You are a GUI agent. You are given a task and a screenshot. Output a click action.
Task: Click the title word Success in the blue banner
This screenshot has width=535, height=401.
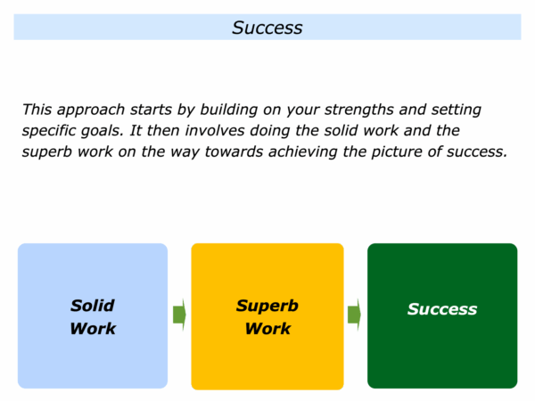click(x=267, y=28)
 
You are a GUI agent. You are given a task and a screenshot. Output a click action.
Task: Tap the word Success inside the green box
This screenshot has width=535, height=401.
click(x=442, y=309)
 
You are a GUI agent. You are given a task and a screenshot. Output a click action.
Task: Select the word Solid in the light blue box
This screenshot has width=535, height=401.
click(x=93, y=306)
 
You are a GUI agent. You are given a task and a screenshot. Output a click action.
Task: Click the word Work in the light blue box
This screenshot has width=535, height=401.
click(x=93, y=329)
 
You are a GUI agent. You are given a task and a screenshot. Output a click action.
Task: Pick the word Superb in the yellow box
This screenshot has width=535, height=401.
click(x=267, y=307)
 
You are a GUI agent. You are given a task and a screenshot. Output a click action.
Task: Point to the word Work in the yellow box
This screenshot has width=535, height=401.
click(x=267, y=329)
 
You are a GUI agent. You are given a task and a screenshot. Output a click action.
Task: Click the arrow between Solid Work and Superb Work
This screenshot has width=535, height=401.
click(x=179, y=315)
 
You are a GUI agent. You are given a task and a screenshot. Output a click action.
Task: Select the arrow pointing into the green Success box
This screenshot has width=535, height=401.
click(x=354, y=315)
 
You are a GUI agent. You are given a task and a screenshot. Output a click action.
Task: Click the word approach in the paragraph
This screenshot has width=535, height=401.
click(x=91, y=110)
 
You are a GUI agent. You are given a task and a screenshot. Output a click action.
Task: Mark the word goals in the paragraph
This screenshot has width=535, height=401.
click(x=102, y=131)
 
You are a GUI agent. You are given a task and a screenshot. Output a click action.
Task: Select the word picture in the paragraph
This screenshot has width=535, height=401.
click(x=397, y=152)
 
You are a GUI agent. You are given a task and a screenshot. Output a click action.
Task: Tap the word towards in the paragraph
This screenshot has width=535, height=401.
click(x=234, y=152)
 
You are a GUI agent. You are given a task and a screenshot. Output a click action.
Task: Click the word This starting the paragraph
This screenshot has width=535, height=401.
click(x=37, y=110)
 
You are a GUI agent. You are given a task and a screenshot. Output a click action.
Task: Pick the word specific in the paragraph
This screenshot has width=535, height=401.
click(x=48, y=131)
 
